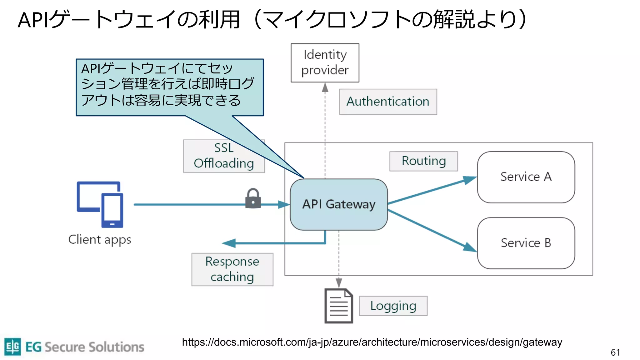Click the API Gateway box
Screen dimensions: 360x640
pyautogui.click(x=339, y=204)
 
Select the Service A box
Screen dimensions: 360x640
pyautogui.click(x=526, y=177)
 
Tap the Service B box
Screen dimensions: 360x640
pyautogui.click(x=526, y=243)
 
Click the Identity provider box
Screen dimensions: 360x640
pyautogui.click(x=325, y=63)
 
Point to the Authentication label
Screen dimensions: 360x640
pyautogui.click(x=388, y=102)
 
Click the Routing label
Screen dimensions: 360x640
pyautogui.click(x=423, y=161)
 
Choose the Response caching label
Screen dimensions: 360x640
pyautogui.click(x=232, y=269)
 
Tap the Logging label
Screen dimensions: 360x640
pyautogui.click(x=393, y=306)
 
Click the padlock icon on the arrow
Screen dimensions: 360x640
pyautogui.click(x=253, y=199)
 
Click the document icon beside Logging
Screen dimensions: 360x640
pyautogui.click(x=339, y=306)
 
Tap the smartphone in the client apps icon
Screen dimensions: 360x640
pyautogui.click(x=112, y=210)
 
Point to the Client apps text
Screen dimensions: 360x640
pyautogui.click(x=100, y=240)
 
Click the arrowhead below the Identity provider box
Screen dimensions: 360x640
pyautogui.click(x=325, y=87)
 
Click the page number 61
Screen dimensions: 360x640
pyautogui.click(x=615, y=352)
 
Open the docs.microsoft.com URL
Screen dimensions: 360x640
pyautogui.click(x=372, y=342)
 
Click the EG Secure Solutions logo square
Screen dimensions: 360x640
pyautogui.click(x=13, y=347)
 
